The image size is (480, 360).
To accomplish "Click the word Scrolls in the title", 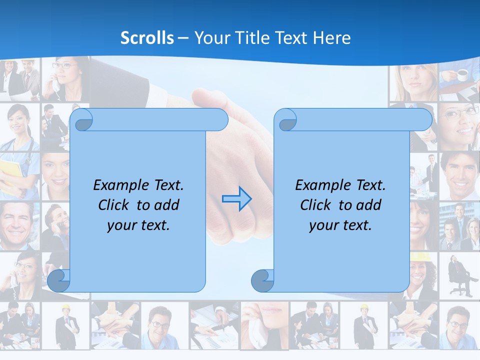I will pos(147,37).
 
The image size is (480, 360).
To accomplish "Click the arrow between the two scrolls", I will pos(236,198).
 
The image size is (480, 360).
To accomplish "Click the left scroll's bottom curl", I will pos(59,280).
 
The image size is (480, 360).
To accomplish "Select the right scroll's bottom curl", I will pos(262,280).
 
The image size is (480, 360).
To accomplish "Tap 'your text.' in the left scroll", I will pos(138,225).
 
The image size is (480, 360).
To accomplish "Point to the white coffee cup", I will pos(462,75).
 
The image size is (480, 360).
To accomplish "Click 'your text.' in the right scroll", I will pos(340,225).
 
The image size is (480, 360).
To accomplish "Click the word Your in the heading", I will pos(211,37).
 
